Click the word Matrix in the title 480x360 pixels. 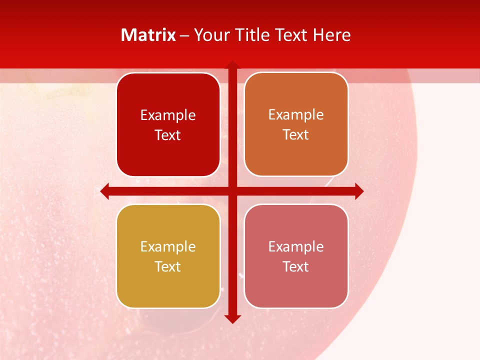tap(148, 35)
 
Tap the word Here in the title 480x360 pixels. tap(332, 35)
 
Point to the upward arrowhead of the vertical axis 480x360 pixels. tap(232, 65)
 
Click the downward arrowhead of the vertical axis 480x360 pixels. tap(232, 318)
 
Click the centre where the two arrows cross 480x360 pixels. tap(232, 191)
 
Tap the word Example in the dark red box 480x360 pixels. tap(168, 115)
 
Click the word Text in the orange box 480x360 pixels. tap(296, 135)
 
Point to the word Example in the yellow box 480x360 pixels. tap(168, 246)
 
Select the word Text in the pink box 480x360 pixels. tap(296, 266)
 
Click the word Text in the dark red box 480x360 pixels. tap(168, 135)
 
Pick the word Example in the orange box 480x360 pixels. tap(296, 115)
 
